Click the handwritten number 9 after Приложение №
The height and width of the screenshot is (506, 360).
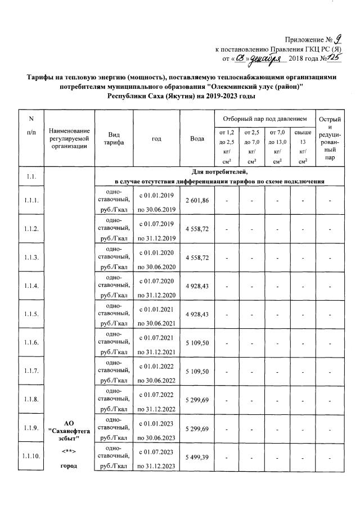[x=337, y=39]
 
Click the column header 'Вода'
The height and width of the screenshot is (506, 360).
[x=197, y=138]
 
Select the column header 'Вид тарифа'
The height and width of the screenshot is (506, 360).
[x=110, y=139]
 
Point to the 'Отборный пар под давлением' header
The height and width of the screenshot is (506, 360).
[x=263, y=119]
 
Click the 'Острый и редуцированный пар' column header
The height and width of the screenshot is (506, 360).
[x=330, y=138]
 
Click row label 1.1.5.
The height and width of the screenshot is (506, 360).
[x=31, y=314]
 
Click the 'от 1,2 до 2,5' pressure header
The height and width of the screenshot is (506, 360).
[x=226, y=147]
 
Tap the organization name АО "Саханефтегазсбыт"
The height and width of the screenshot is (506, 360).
[x=70, y=430]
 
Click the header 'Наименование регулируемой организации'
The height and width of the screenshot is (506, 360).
[x=70, y=138]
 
